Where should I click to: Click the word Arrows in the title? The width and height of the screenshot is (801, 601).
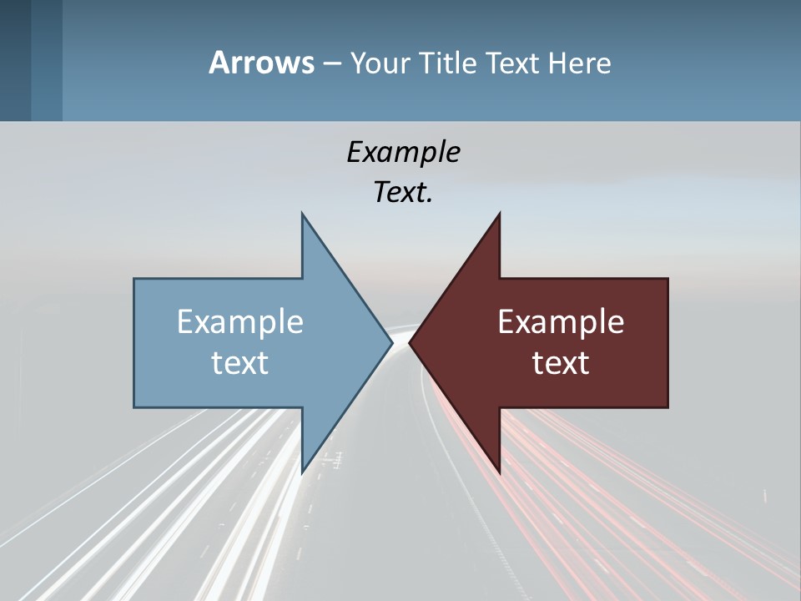coord(261,63)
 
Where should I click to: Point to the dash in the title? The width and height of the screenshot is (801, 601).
coord(331,63)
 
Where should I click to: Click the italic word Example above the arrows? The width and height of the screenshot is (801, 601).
coord(403,152)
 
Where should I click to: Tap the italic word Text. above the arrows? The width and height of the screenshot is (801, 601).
coord(403,192)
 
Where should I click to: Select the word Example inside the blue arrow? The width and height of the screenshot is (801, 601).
coord(240,321)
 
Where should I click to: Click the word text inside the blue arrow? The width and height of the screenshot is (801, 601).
coord(240,362)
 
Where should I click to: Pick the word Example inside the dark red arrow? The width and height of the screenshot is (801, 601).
coord(561,321)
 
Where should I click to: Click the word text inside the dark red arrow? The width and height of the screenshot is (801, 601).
coord(561,362)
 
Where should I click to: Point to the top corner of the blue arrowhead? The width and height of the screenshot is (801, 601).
coord(302,215)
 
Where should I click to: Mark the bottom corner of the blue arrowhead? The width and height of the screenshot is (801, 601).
coord(302,472)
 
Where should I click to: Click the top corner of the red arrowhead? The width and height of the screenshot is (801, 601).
coord(499,215)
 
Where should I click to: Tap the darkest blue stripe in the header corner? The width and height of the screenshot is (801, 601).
coord(15,60)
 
